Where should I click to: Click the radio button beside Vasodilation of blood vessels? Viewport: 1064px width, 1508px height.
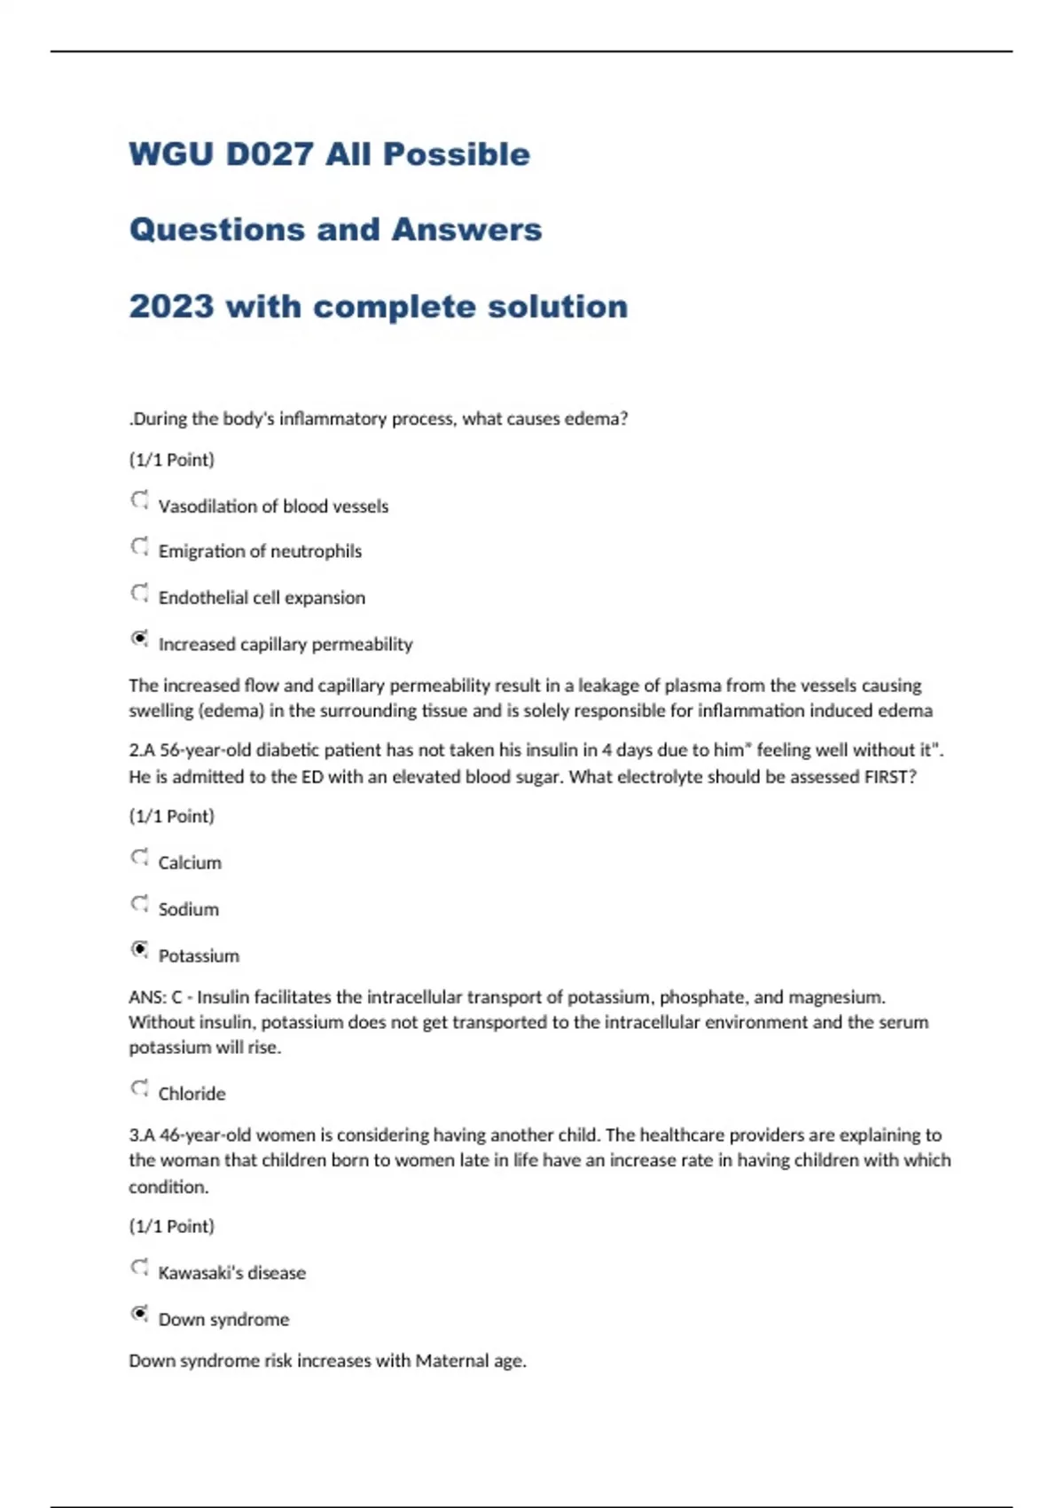coord(139,500)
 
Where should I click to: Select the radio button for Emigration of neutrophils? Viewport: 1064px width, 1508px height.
coord(139,546)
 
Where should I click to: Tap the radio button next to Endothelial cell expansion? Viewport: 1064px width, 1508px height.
coord(139,593)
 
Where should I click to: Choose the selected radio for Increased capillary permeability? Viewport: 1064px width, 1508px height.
coord(139,639)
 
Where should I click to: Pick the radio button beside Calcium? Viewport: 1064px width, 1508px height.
coord(139,857)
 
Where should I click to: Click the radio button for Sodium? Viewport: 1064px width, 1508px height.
coord(139,904)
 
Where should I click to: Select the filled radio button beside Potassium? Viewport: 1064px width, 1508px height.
coord(139,950)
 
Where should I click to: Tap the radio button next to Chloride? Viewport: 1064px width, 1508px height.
coord(139,1088)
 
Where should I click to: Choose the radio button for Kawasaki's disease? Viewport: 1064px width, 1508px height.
coord(139,1268)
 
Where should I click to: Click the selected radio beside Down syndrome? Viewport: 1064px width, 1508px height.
coord(139,1314)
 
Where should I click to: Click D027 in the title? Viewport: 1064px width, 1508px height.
coord(270,154)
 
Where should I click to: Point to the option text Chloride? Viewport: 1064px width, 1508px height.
coord(192,1094)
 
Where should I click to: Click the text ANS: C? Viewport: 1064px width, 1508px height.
coord(155,997)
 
